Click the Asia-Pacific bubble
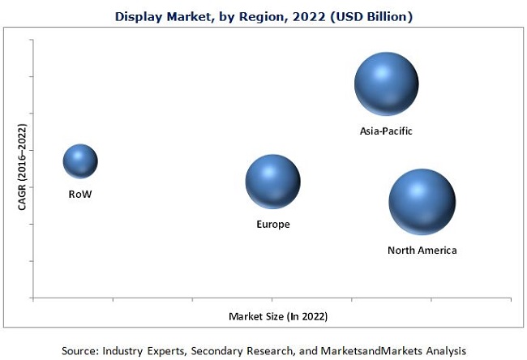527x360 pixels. point(386,84)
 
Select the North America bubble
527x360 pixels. point(422,202)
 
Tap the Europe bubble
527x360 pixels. point(272,182)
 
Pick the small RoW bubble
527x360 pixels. point(80,161)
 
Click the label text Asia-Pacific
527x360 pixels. point(387,130)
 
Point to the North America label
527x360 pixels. point(422,250)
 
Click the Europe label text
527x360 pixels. point(272,224)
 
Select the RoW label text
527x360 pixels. point(80,195)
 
